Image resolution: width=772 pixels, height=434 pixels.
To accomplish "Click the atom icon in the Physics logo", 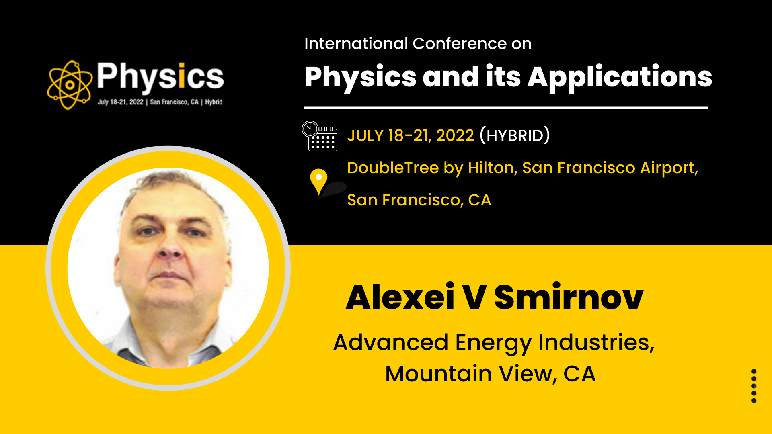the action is (69, 85).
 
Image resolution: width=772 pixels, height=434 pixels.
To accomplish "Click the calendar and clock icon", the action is (320, 136).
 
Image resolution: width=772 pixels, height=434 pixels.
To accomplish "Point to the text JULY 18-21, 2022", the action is (411, 136).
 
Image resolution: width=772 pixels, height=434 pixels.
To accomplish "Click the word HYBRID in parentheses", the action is (515, 136).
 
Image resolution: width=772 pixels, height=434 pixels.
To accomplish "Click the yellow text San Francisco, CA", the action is (419, 200).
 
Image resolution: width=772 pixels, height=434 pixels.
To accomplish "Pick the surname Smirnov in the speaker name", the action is (569, 297).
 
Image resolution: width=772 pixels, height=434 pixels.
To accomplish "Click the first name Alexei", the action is (400, 297).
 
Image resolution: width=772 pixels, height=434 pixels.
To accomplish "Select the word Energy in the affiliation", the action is (493, 343).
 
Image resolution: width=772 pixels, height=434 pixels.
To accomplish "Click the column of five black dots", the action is (754, 386).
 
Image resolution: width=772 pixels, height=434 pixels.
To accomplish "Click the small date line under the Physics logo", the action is (160, 102).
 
